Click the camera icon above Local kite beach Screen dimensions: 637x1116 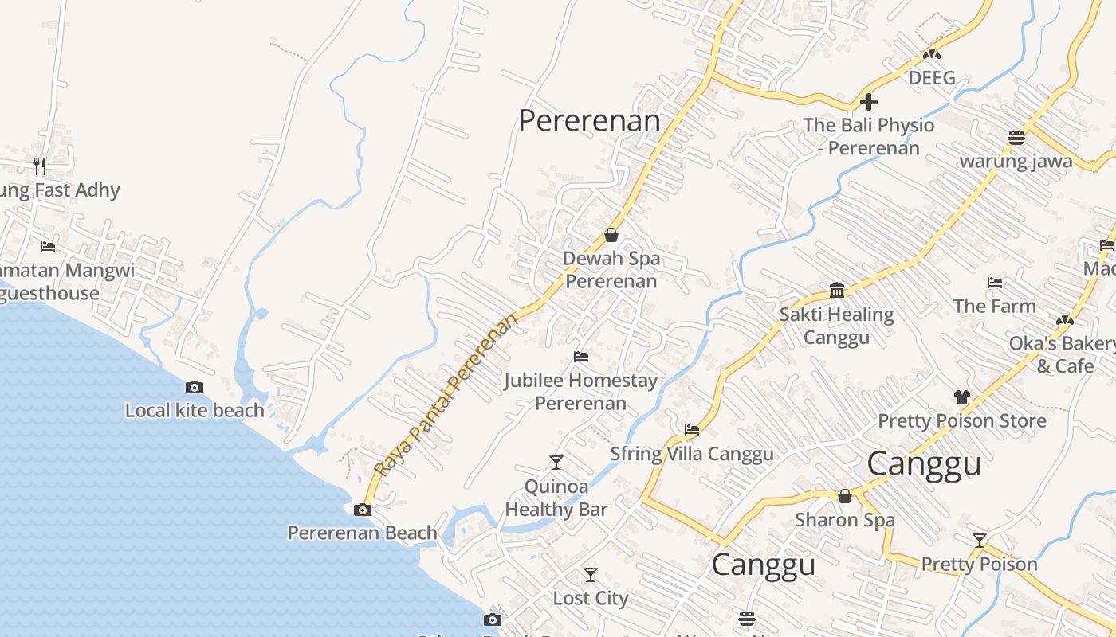click(194, 388)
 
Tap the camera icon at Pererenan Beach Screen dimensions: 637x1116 click(363, 510)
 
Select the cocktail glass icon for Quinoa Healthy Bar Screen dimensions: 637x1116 click(556, 463)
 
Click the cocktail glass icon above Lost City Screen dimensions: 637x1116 click(590, 575)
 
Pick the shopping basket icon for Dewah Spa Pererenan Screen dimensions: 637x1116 click(611, 235)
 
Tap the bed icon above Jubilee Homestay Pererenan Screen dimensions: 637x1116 click(581, 357)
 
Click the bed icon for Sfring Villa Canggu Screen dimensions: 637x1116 click(692, 430)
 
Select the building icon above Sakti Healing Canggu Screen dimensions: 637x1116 click(837, 291)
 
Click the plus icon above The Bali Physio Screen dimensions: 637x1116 click(869, 102)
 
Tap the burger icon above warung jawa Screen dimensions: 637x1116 click(1016, 137)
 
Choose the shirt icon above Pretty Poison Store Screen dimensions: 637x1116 click(961, 397)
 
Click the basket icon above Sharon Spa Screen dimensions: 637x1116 click(845, 497)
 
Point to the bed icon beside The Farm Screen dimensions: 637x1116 click(995, 283)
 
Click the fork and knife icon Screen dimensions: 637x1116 click(40, 166)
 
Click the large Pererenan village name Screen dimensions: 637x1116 click(589, 121)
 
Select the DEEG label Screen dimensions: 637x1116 click(932, 78)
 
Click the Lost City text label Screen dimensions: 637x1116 click(591, 598)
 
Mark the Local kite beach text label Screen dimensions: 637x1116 click(195, 410)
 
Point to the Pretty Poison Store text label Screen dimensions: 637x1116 click(961, 420)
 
